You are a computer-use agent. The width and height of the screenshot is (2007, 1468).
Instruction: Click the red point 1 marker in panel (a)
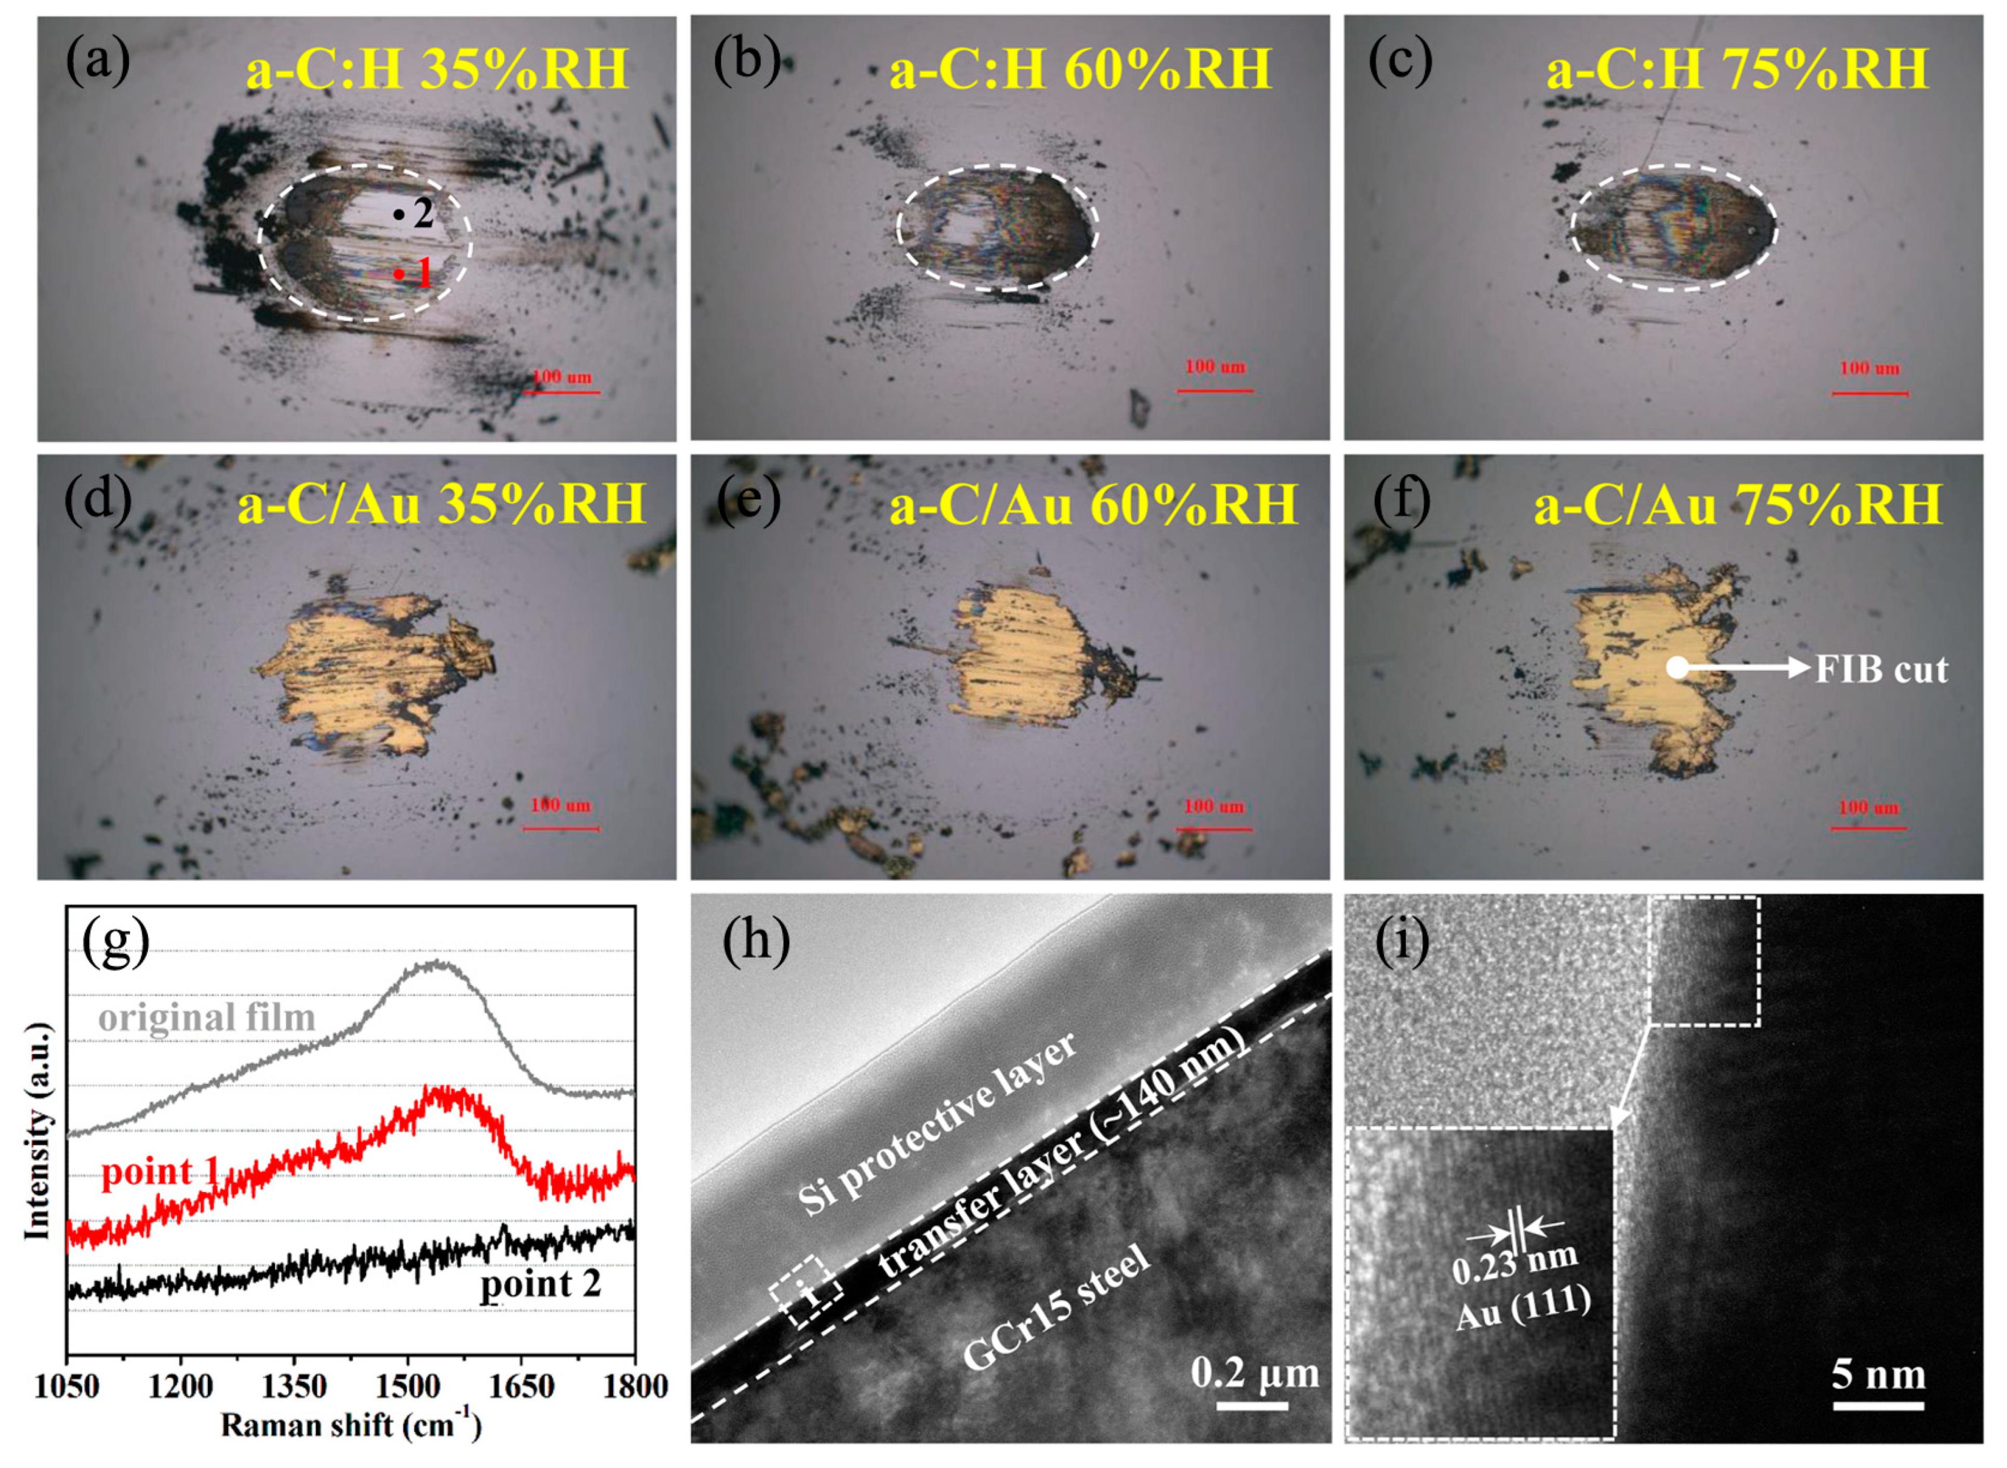400,274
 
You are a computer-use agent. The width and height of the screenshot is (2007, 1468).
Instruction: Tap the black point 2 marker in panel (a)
399,214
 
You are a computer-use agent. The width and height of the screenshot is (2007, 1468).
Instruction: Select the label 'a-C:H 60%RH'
1080,69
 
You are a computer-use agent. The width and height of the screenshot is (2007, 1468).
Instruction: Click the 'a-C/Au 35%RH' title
441,505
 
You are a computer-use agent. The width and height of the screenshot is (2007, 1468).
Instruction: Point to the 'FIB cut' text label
1882,669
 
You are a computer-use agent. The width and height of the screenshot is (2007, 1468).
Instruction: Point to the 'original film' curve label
207,1017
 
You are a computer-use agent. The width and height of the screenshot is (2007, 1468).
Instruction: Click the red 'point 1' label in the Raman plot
160,1173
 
